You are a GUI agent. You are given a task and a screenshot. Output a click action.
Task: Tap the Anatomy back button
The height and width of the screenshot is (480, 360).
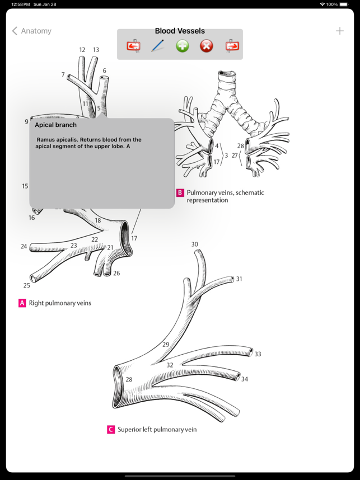32,31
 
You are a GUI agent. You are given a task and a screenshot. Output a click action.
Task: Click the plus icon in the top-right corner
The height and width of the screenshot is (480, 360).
339,31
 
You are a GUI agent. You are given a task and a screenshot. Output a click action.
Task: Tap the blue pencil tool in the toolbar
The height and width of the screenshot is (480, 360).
158,46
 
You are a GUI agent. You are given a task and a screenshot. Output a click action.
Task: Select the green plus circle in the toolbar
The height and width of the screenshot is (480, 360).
183,46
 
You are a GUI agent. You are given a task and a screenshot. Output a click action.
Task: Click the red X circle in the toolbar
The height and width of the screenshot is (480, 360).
207,46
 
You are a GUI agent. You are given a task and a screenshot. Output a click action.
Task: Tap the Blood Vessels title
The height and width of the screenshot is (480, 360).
180,31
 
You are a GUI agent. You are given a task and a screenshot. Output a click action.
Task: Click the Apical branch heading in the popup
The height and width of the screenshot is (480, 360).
56,125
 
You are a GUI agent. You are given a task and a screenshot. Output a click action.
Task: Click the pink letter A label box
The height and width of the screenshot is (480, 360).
22,303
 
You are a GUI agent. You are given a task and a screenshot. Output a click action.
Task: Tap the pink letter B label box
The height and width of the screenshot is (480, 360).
180,192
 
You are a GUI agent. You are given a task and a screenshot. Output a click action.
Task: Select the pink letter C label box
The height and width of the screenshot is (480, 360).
111,430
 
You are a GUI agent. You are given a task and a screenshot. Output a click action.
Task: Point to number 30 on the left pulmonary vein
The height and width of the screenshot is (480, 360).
194,244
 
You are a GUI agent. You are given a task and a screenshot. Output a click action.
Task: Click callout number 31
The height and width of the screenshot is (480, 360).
239,279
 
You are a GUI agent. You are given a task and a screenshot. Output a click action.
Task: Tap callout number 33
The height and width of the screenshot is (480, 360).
258,354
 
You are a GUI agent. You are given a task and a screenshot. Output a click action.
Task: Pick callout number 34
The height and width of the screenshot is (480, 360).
245,379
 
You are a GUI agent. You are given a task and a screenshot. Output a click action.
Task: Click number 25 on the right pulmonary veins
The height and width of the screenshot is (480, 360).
27,285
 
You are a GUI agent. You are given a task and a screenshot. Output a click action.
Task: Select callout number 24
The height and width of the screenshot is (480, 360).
24,246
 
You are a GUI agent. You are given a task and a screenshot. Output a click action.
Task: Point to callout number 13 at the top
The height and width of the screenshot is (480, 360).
96,50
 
